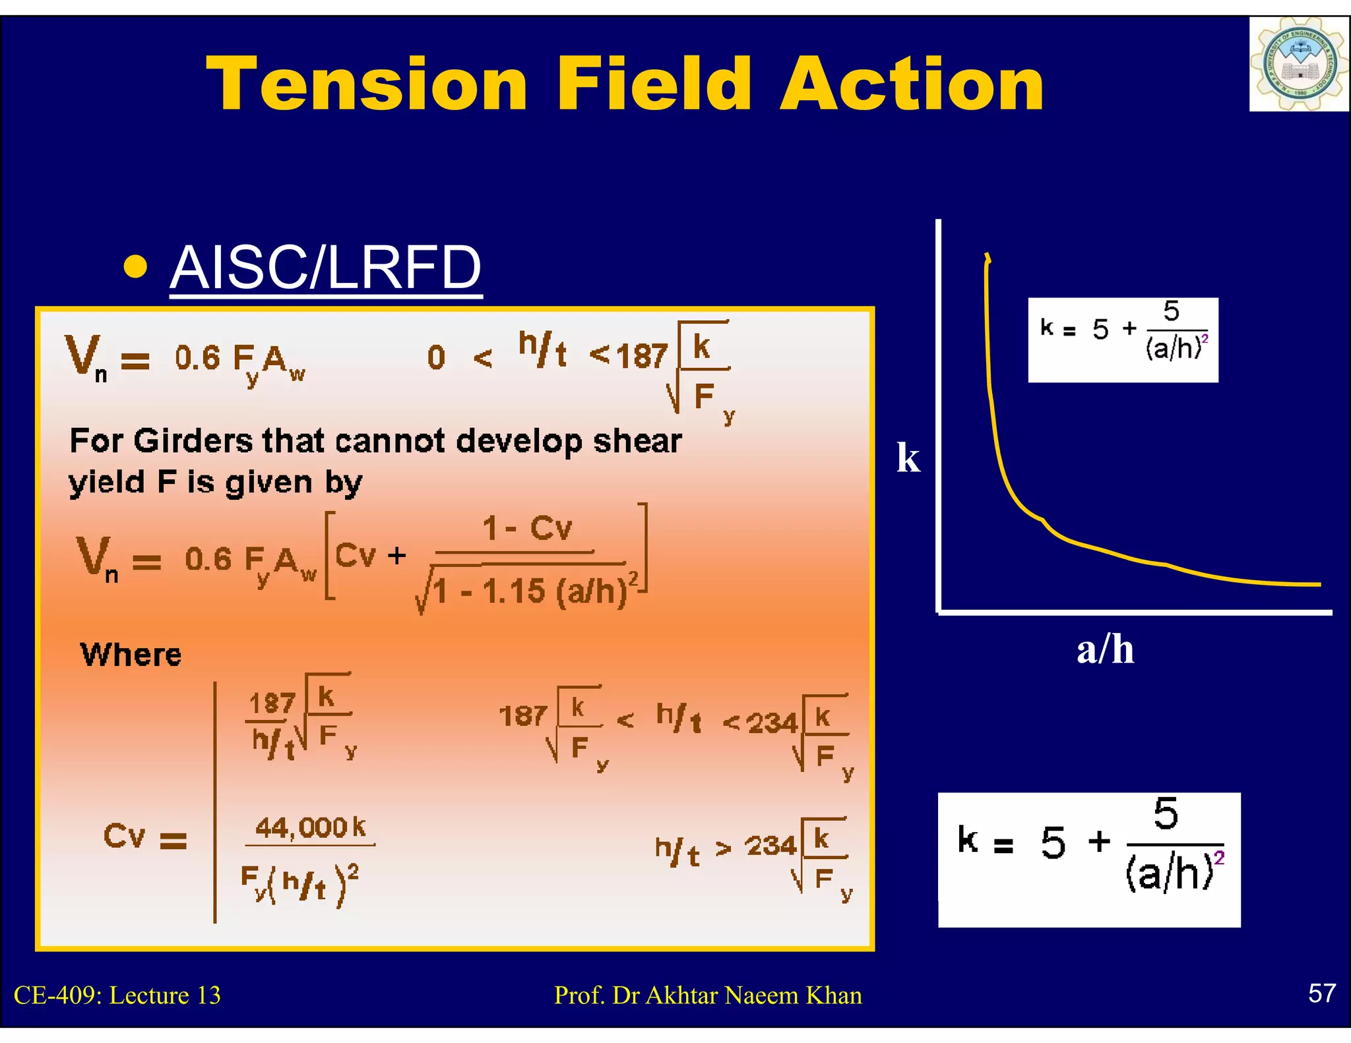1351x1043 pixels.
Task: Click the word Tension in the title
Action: coord(367,84)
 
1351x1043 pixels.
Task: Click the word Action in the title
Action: coord(912,84)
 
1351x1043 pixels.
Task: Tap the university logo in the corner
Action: coord(1298,65)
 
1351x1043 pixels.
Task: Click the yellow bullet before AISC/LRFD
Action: coord(135,267)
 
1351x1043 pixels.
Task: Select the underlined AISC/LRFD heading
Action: coord(326,268)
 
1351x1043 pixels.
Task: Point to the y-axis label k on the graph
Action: coord(908,458)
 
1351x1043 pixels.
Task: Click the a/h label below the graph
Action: coord(1105,649)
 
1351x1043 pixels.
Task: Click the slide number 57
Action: coord(1321,993)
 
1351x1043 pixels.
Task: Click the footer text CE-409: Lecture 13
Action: coord(117,995)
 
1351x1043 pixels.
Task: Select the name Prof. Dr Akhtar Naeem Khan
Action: coord(708,995)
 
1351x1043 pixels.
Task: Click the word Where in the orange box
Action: coord(131,655)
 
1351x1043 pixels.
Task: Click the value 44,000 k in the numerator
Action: coord(310,827)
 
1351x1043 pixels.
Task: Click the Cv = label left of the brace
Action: coord(144,837)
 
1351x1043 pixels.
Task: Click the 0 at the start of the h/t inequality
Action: coord(436,358)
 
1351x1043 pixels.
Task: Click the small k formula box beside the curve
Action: coord(1123,340)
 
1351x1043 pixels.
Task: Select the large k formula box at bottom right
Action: coord(1089,859)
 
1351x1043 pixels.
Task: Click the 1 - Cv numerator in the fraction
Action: coord(526,529)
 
